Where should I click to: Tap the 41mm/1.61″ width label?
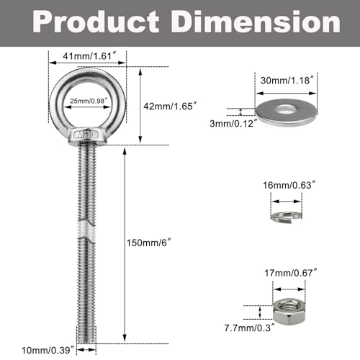pyautogui.click(x=87, y=55)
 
